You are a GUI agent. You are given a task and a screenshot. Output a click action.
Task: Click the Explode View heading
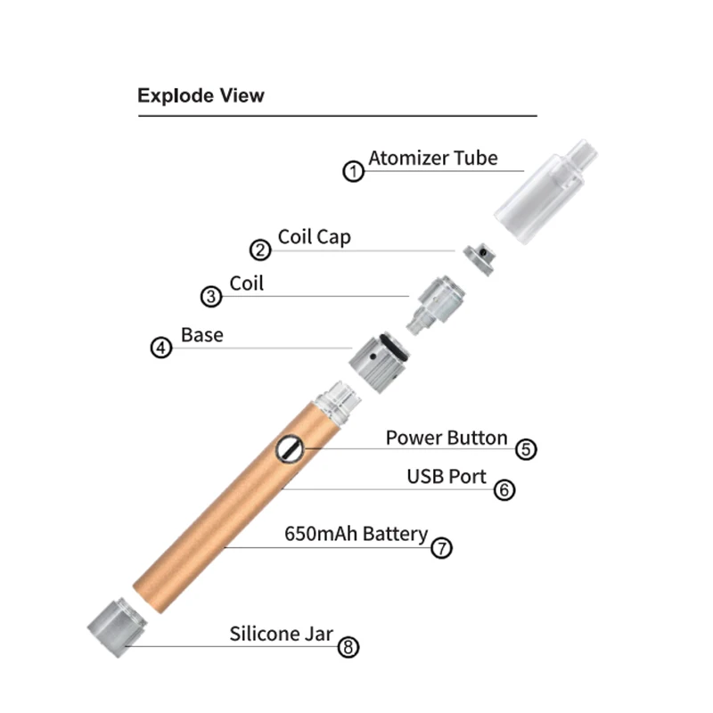coord(201,95)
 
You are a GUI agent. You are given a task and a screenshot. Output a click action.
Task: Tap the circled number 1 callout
coord(355,171)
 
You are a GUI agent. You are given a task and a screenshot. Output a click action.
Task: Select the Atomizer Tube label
coord(433,159)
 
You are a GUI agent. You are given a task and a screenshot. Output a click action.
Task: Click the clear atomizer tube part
coord(543,191)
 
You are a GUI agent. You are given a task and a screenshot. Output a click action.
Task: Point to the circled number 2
coord(260,250)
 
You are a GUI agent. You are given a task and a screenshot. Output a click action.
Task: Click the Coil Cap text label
coord(314,237)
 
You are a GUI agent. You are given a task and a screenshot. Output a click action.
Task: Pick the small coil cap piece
coord(482,255)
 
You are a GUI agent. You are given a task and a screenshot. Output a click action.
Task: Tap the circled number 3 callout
coord(211,297)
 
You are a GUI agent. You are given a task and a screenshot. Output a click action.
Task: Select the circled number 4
coord(160,348)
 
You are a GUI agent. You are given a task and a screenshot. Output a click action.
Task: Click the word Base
coord(202,335)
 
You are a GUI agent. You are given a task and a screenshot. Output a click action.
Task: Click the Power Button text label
coord(447,438)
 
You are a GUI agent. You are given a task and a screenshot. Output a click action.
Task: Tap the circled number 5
coord(527,449)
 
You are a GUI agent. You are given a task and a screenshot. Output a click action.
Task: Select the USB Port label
coord(447,477)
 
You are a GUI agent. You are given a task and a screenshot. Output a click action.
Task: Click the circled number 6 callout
coord(504,489)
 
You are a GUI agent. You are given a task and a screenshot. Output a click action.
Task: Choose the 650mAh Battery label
coord(356,534)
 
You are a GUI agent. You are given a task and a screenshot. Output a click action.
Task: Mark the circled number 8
coord(348,647)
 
